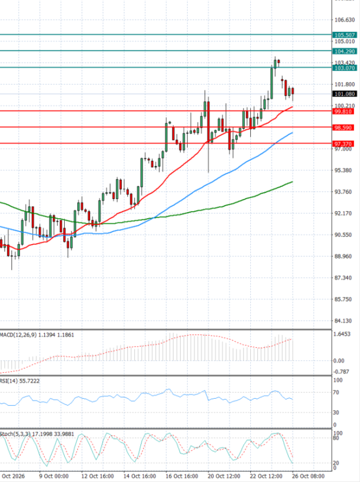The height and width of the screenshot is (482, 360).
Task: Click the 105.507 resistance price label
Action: (344, 35)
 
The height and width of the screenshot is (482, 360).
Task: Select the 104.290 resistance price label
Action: (344, 52)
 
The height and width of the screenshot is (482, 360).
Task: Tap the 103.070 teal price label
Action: (344, 68)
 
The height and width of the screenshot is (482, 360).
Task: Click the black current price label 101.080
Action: (344, 94)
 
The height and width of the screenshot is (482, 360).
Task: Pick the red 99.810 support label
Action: (343, 112)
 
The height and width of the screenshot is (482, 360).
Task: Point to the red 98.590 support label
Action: (343, 128)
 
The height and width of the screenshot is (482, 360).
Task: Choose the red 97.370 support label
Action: (343, 144)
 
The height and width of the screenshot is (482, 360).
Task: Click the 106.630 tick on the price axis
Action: (344, 20)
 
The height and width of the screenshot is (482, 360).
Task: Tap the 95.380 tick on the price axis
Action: (343, 170)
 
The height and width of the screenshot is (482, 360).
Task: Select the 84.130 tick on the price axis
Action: (343, 321)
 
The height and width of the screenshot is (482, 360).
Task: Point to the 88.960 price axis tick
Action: (343, 256)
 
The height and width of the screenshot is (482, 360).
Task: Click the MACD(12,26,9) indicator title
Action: (17, 335)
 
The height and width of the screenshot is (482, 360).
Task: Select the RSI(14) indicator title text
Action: (7, 381)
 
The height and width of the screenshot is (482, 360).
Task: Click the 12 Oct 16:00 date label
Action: (97, 476)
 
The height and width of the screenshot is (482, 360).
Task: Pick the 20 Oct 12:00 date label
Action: (224, 476)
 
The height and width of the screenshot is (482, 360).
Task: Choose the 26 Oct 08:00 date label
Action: (308, 476)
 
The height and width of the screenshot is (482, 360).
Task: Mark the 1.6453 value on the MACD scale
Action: (342, 334)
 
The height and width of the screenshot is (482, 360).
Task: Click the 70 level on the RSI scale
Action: (336, 392)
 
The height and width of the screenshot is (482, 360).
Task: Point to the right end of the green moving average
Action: (292, 182)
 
